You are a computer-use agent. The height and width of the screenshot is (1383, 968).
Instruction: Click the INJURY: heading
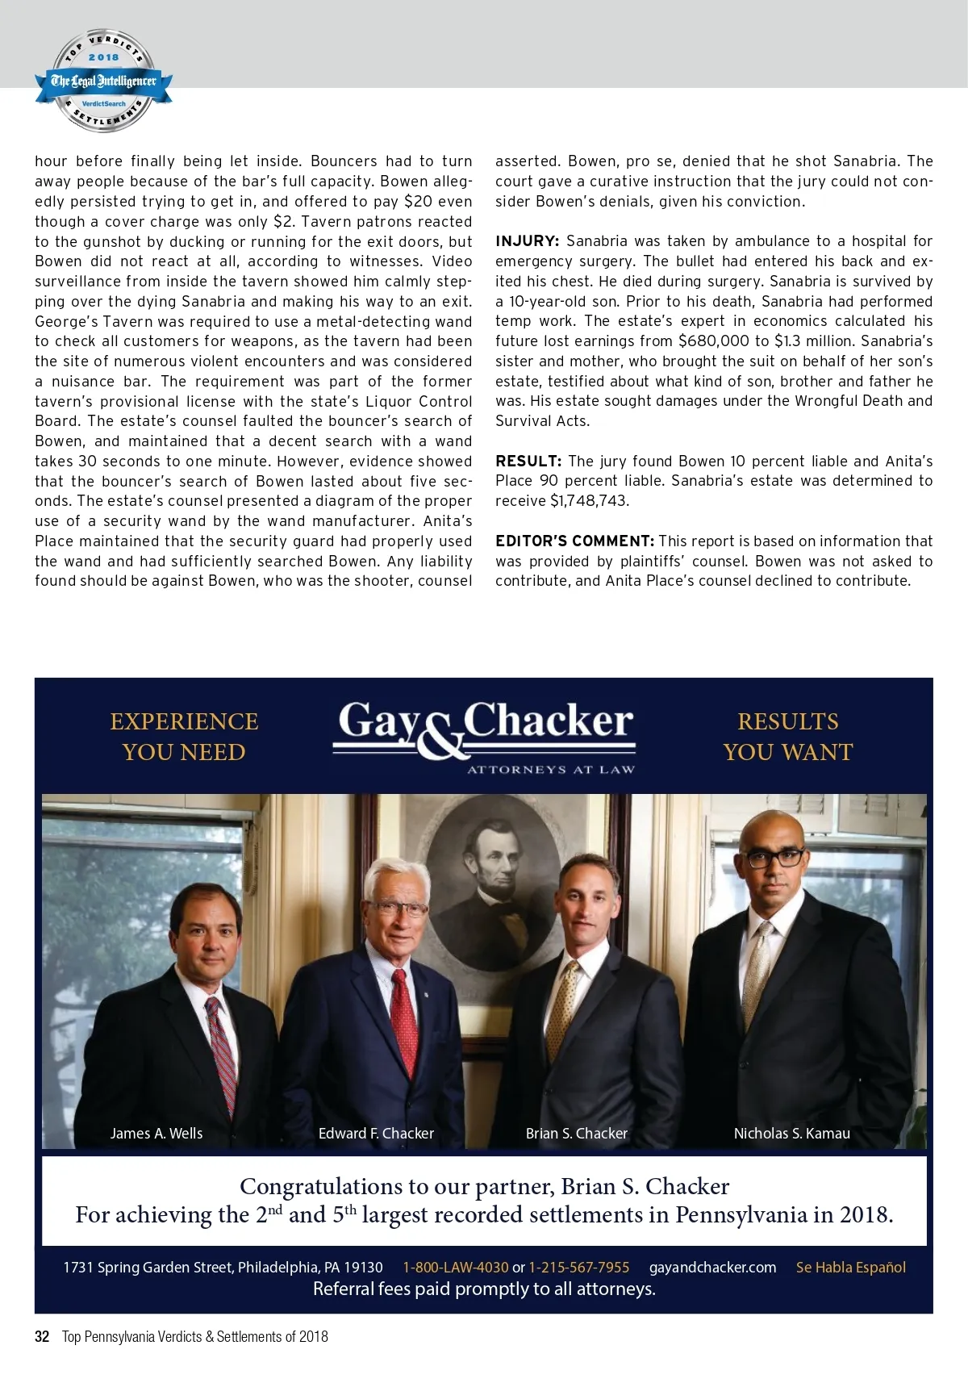pos(527,241)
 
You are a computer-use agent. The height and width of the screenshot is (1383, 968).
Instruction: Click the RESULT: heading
pos(528,462)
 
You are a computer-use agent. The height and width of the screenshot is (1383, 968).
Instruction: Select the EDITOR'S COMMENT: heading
pos(574,541)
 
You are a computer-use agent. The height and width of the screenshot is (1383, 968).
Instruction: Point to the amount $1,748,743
pos(589,501)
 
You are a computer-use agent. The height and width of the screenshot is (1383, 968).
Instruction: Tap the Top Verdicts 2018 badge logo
pos(103,81)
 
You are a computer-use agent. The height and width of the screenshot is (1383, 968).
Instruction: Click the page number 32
pos(42,1336)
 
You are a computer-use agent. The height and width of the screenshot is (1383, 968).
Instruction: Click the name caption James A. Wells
pos(156,1134)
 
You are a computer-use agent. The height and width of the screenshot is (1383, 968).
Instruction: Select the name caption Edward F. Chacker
pos(376,1134)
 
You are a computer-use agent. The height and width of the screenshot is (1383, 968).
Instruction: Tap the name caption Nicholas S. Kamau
pos(791,1134)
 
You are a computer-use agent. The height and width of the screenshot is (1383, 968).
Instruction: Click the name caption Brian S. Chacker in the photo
pos(576,1134)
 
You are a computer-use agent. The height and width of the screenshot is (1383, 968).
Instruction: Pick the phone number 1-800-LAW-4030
pos(456,1268)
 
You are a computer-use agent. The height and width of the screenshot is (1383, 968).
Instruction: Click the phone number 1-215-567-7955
pos(578,1268)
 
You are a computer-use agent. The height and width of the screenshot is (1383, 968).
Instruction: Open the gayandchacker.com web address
pos(712,1268)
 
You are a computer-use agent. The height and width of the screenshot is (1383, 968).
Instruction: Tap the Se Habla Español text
pos(850,1268)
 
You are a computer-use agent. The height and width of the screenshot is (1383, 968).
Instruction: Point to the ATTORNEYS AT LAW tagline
pos(551,770)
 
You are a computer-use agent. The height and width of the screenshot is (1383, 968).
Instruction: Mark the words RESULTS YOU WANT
pos(787,737)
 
